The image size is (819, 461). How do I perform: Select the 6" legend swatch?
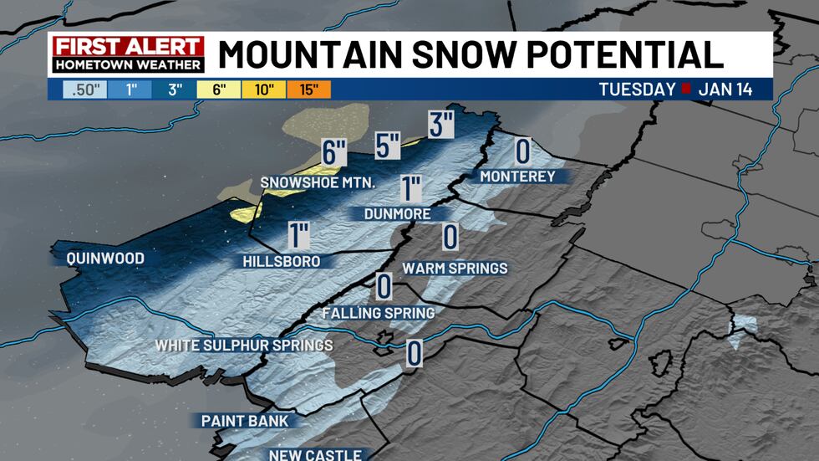click(x=219, y=90)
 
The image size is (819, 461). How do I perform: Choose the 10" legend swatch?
click(x=265, y=90)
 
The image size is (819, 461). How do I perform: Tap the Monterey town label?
click(x=517, y=176)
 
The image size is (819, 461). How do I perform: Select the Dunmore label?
click(x=397, y=214)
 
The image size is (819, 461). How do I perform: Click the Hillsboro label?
click(x=282, y=261)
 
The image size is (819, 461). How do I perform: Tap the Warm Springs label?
click(x=455, y=269)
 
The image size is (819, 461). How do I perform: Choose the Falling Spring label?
click(x=379, y=313)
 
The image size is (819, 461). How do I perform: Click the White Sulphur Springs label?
click(x=244, y=345)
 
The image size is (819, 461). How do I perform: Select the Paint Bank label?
click(x=243, y=420)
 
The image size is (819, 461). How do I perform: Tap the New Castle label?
click(x=315, y=455)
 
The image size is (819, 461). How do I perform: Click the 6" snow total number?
click(x=333, y=153)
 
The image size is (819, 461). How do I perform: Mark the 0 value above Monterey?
click(x=523, y=151)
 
